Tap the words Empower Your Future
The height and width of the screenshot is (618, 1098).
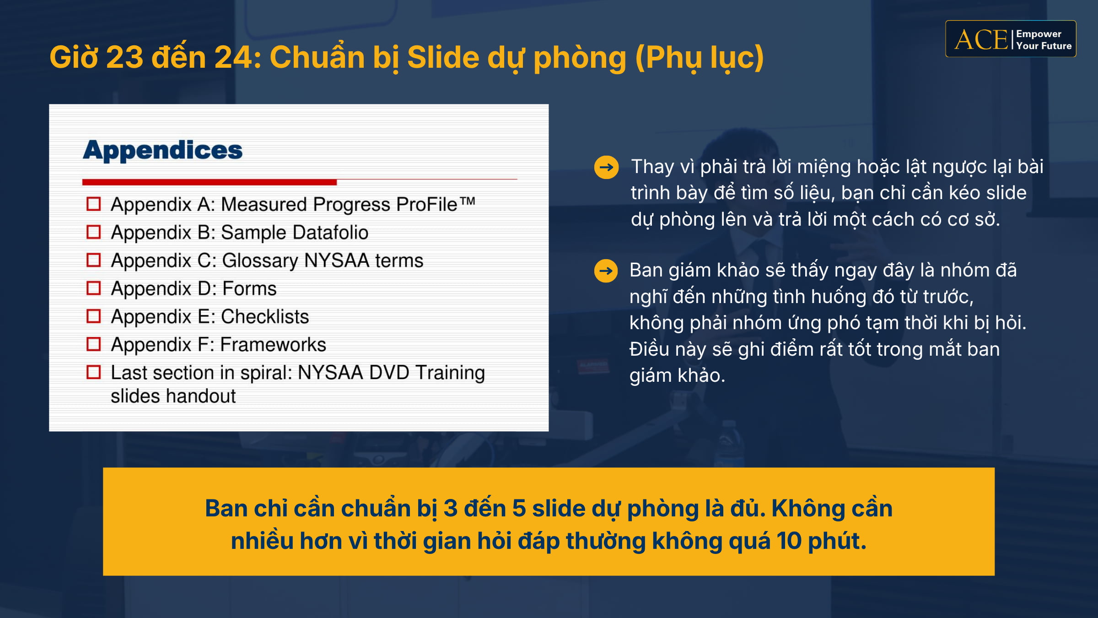[x=1044, y=40]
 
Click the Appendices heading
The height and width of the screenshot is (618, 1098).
[x=162, y=150]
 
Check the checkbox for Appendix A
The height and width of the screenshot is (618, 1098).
[x=93, y=204]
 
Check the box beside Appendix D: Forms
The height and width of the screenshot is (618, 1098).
[x=93, y=288]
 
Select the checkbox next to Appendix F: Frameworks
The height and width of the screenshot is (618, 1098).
[x=93, y=344]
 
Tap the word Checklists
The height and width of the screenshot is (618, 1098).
[x=265, y=317]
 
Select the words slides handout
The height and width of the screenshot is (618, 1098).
[x=173, y=396]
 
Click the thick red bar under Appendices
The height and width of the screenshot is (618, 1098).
[x=209, y=182]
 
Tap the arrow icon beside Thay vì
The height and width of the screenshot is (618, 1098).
[x=606, y=167]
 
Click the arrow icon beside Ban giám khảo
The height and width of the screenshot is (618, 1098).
[x=606, y=271]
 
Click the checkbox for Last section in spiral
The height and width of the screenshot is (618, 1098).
[x=93, y=372]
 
